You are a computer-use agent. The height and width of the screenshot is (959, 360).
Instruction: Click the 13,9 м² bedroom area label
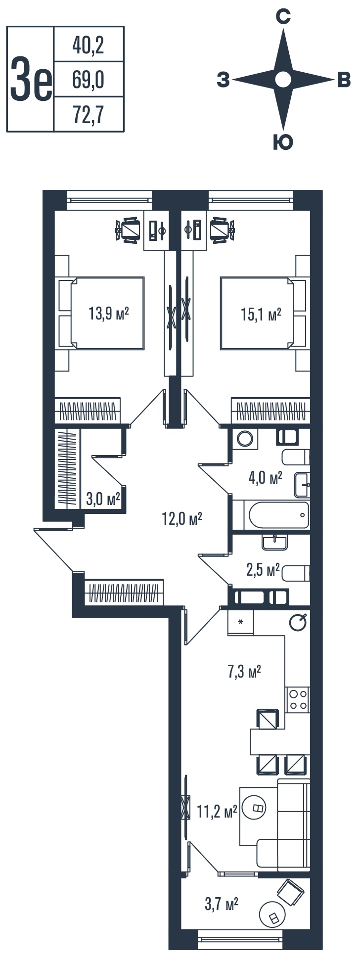point(109,314)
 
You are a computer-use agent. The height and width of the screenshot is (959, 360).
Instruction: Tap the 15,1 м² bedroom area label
point(261,315)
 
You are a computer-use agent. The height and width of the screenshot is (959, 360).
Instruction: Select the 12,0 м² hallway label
point(182,519)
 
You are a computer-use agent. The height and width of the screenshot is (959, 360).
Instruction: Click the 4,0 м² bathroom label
point(266,478)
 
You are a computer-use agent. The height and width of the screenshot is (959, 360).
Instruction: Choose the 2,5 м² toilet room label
point(263,570)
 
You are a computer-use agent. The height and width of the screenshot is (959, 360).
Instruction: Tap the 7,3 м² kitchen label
point(244,672)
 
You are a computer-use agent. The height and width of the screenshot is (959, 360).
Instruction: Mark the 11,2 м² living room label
point(217,812)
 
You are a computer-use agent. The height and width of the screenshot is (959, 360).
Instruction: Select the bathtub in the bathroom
point(271,515)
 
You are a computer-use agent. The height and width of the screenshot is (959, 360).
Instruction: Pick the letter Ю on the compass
point(283,142)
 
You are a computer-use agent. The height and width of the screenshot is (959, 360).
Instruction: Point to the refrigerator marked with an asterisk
point(241,622)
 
